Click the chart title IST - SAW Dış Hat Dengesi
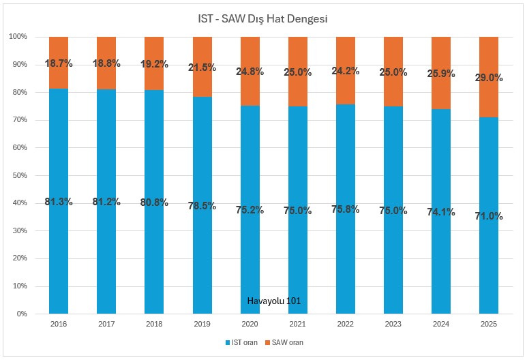click(x=263, y=18)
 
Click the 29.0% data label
click(x=488, y=78)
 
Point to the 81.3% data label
click(x=59, y=201)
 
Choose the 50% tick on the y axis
click(x=18, y=175)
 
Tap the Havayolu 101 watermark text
click(x=273, y=301)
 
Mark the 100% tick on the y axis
click(x=16, y=36)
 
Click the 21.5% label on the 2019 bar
click(x=202, y=67)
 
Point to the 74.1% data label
click(x=440, y=212)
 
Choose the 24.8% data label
click(x=250, y=71)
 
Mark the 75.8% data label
click(x=346, y=208)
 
